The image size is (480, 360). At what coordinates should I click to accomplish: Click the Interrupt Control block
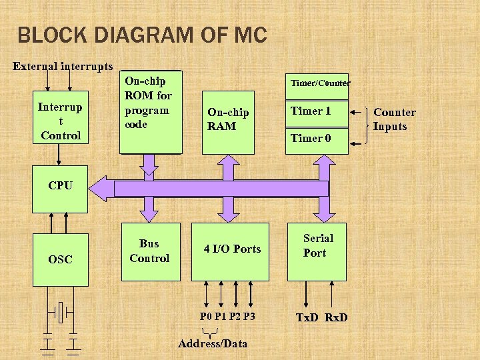[x=60, y=120]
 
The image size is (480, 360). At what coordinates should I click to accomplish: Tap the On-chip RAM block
[x=228, y=120]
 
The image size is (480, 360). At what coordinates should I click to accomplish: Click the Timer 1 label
[x=310, y=111]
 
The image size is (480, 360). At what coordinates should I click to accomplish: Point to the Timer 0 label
[x=310, y=138]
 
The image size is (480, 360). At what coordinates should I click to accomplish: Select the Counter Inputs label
[x=394, y=119]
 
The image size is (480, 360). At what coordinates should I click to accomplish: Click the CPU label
[x=60, y=185]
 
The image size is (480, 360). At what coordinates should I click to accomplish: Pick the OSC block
[x=60, y=259]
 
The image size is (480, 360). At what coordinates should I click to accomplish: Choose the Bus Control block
[x=149, y=251]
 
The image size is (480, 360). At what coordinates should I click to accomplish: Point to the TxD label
[x=307, y=317]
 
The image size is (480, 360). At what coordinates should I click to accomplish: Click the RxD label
[x=336, y=317]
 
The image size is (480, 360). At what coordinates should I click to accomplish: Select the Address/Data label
[x=213, y=343]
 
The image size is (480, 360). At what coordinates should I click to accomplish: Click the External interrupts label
[x=63, y=67]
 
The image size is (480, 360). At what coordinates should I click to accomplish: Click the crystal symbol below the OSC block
[x=61, y=311]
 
